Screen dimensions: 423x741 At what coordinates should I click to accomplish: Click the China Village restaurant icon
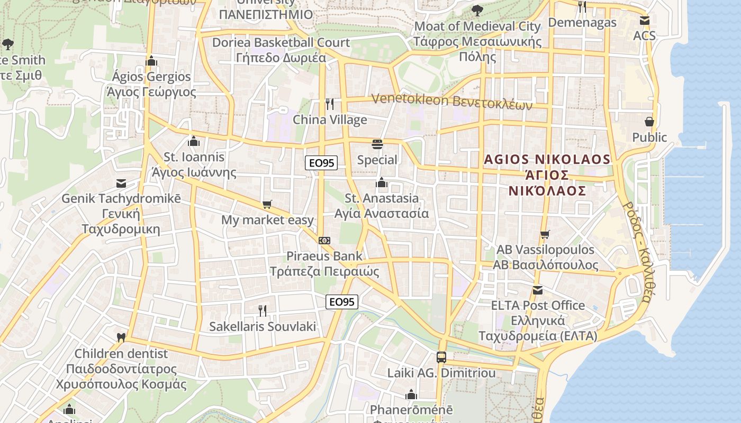(x=330, y=104)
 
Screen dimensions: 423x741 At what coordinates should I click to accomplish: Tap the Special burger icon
(x=377, y=144)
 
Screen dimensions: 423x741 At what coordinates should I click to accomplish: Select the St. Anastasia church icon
(x=382, y=183)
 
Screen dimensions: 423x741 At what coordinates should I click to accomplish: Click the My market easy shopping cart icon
(x=267, y=204)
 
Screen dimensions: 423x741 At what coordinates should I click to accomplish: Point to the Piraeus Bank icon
(x=324, y=240)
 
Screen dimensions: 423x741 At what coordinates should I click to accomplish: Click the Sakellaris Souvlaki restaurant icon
(x=262, y=310)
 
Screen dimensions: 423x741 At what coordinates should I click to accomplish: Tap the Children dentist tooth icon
(x=121, y=337)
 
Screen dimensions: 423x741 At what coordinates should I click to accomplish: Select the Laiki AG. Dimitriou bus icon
(x=441, y=357)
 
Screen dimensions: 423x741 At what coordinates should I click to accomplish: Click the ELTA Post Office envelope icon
(x=538, y=290)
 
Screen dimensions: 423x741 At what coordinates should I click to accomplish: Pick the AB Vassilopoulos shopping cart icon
(x=545, y=234)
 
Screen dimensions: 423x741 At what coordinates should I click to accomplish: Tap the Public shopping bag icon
(x=649, y=122)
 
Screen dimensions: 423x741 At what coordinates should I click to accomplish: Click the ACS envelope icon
(x=644, y=21)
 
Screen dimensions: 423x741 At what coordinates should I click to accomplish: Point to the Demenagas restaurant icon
(x=582, y=7)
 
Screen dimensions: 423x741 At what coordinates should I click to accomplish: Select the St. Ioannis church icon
(x=194, y=141)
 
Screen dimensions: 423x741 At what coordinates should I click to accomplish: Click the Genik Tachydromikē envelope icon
(x=121, y=183)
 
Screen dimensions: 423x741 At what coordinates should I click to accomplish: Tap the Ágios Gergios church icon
(x=151, y=61)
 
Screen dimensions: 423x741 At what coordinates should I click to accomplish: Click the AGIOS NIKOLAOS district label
(x=547, y=174)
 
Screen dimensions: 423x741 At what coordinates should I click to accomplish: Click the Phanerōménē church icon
(x=411, y=394)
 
